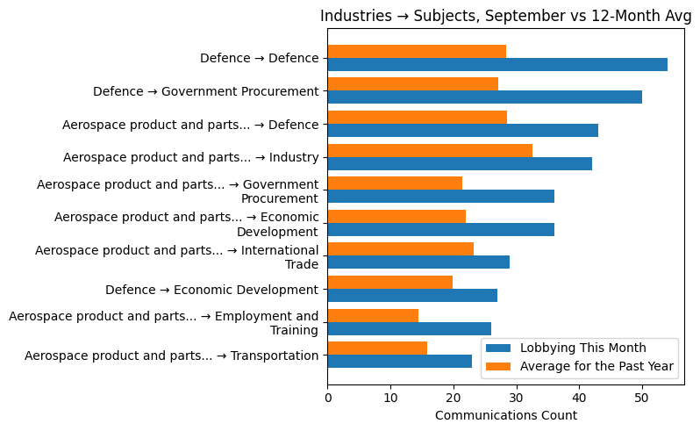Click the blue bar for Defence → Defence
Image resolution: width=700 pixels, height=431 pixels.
(x=497, y=64)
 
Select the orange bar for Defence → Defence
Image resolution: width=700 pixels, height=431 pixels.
(x=417, y=51)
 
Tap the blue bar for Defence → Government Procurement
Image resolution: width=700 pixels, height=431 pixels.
(x=484, y=97)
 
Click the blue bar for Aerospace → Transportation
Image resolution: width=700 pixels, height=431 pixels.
(x=399, y=361)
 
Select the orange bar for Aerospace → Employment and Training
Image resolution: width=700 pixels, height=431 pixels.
(x=373, y=315)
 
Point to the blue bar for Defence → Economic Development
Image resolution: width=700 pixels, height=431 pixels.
(x=412, y=295)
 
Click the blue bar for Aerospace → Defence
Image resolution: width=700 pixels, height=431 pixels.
(x=462, y=130)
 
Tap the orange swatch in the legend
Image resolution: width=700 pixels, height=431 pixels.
(x=499, y=366)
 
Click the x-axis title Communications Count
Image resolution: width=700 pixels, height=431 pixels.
(x=505, y=415)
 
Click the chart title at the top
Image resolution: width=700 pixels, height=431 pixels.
(x=505, y=16)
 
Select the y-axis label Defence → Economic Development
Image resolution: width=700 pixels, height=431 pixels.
(x=211, y=290)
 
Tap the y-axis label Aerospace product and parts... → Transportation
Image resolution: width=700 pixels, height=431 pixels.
(x=171, y=356)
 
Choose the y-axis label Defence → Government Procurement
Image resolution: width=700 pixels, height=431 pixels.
(x=205, y=91)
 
